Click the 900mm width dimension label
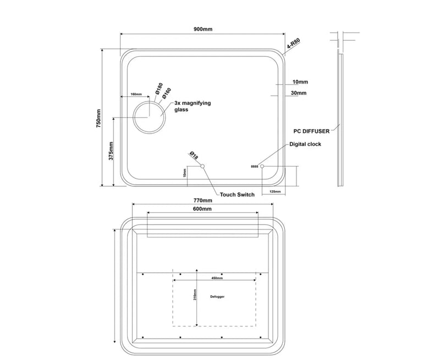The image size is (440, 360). click(x=203, y=29)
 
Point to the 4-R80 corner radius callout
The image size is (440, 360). click(x=293, y=45)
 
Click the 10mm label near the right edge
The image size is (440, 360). click(x=300, y=82)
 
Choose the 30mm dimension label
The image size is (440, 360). click(x=299, y=93)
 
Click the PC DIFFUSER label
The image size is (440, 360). click(x=312, y=131)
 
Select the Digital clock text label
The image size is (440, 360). click(x=305, y=144)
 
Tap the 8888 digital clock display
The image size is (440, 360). click(x=254, y=166)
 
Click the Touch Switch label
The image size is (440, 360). click(x=237, y=195)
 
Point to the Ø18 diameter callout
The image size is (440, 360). click(x=194, y=156)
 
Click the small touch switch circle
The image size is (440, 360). click(x=202, y=166)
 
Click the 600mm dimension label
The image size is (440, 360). click(x=202, y=209)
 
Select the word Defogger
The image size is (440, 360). click(x=218, y=296)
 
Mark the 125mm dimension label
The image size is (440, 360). click(x=276, y=192)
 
